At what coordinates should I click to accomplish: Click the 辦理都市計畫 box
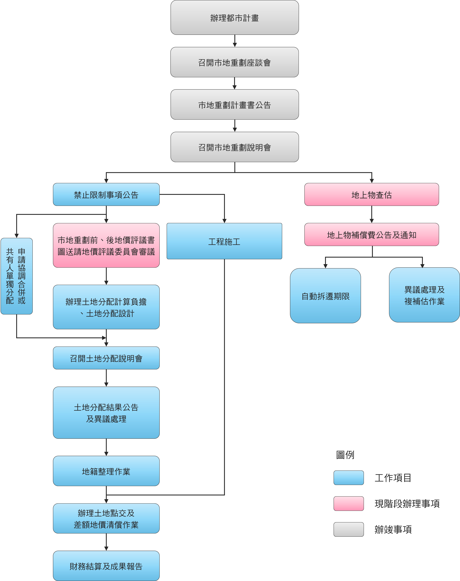pyautogui.click(x=235, y=17)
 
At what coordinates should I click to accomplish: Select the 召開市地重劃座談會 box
pyautogui.click(x=235, y=62)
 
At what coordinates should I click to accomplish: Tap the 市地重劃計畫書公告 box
pyautogui.click(x=235, y=105)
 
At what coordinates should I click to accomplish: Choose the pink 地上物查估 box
pyautogui.click(x=372, y=195)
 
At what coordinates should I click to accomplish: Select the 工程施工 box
pyautogui.click(x=224, y=241)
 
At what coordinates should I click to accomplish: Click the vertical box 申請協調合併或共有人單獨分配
pyautogui.click(x=17, y=276)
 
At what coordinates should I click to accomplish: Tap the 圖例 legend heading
pyautogui.click(x=345, y=455)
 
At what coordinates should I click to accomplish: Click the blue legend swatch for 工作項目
pyautogui.click(x=349, y=478)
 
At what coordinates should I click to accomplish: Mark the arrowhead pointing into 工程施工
pyautogui.click(x=224, y=221)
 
